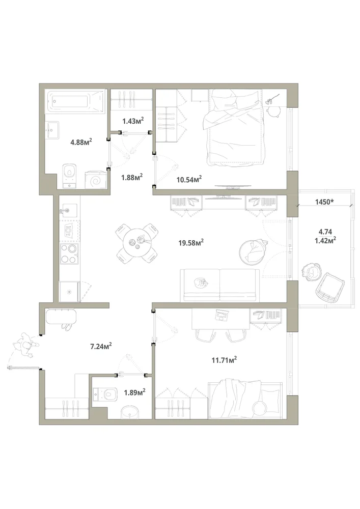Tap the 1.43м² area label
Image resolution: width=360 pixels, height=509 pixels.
coord(133,121)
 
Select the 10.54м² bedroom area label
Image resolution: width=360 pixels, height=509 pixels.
coord(189,179)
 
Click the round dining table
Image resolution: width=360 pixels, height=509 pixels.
coord(137,242)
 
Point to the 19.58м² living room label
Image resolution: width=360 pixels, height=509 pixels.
coord(191,242)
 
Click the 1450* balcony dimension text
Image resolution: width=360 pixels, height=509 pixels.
coord(325,202)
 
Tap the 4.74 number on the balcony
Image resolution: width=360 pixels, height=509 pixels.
coord(325,232)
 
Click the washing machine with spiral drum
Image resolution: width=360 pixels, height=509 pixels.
coord(95,180)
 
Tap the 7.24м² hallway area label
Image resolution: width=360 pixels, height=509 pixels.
coord(101,346)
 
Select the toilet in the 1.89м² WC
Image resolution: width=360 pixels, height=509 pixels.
coord(105,394)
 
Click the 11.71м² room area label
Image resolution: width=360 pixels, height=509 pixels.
coord(224,360)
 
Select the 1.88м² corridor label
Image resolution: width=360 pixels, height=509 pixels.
coord(132,178)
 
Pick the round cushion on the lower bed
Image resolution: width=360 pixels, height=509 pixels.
coord(260,408)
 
